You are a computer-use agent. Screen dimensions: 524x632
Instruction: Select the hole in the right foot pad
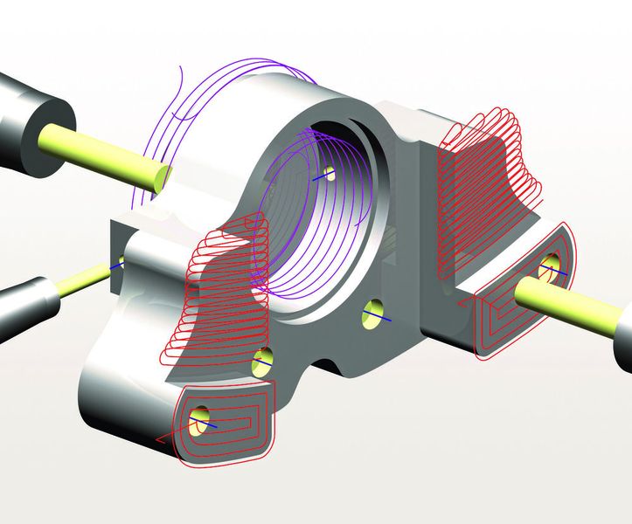(x=551, y=265)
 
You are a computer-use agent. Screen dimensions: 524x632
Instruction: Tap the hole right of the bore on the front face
(x=373, y=312)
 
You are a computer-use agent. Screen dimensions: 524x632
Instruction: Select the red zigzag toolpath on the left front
(x=219, y=288)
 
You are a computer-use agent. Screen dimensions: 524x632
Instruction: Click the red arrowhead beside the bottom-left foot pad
(x=159, y=439)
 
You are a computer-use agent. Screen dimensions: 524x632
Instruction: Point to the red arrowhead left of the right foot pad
(x=460, y=303)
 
